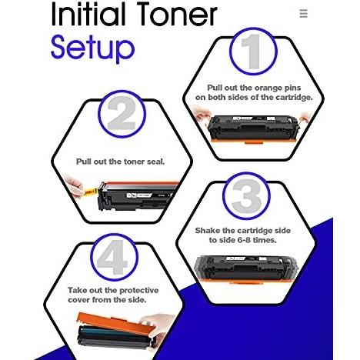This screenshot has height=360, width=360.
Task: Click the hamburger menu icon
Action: (303, 13)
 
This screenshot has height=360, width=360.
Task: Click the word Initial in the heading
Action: (89, 14)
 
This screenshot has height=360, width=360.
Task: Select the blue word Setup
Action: (92, 49)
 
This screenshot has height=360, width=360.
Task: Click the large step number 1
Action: (252, 52)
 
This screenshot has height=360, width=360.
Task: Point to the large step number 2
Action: (122, 113)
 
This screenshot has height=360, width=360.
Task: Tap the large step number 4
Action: (113, 257)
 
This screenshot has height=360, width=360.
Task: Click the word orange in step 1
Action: (267, 88)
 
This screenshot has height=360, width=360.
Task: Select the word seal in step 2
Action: (155, 162)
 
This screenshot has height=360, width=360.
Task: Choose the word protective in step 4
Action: (139, 291)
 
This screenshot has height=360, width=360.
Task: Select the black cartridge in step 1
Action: (253, 129)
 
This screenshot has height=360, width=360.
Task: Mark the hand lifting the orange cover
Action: (158, 326)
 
